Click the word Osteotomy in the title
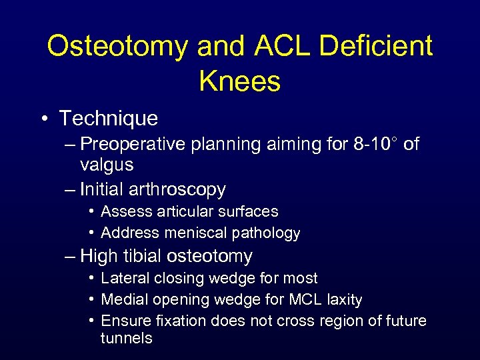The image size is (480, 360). point(117,46)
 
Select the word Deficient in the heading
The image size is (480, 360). point(377,46)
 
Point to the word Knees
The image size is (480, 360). point(239,81)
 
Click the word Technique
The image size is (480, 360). point(109,119)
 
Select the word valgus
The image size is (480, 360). point(107,165)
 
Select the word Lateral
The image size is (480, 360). point(126,278)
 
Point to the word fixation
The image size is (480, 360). point(179,321)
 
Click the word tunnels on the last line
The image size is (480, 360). point(126,338)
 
